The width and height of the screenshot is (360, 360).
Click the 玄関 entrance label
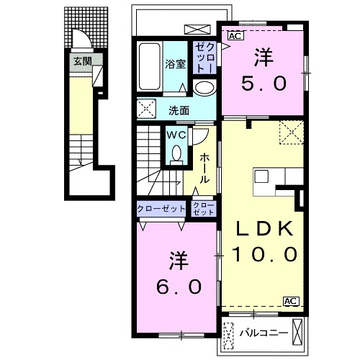(83, 61)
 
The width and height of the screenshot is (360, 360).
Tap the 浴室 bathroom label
(175, 64)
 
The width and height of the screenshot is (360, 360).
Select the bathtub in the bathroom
(150, 66)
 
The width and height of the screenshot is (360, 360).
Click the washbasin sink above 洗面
(204, 88)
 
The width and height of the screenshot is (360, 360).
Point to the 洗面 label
(179, 111)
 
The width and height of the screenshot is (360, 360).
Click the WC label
(176, 135)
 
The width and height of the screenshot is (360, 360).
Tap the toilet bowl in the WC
(177, 153)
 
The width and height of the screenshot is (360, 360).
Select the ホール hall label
(204, 168)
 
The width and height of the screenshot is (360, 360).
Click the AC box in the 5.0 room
(235, 36)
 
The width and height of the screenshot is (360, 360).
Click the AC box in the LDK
(292, 301)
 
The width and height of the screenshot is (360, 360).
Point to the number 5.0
(264, 84)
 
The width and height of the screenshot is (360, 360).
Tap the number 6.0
(179, 287)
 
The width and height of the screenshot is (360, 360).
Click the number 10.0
(265, 254)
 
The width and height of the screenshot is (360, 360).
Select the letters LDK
(265, 228)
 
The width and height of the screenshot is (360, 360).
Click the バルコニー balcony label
(264, 333)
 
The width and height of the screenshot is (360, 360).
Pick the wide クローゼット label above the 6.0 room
(161, 209)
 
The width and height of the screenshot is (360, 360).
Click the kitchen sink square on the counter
(261, 176)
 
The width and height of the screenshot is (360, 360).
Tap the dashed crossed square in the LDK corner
(292, 132)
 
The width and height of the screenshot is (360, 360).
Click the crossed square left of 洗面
(146, 109)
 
